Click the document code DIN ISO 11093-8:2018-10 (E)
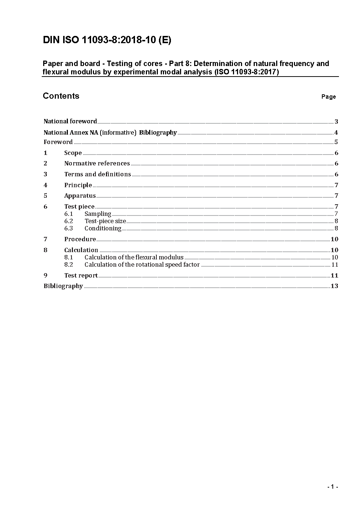coord(107,40)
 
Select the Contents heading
coord(61,96)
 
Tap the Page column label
coord(328,97)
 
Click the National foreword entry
coord(70,121)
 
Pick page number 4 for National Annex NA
coord(336,132)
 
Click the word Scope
coord(73,153)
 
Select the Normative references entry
coord(97,163)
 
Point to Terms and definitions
coord(98,174)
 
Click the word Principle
coord(78,185)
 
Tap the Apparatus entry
coord(80,196)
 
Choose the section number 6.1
coord(69,214)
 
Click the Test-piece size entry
coord(105,221)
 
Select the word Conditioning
coord(103,228)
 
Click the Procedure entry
coord(80,239)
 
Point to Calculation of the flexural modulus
coord(134,257)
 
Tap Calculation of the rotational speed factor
coord(142,264)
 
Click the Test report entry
coord(81,275)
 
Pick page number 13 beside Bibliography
coord(334,286)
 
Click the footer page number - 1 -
coord(332,487)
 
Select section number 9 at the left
coord(45,275)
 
